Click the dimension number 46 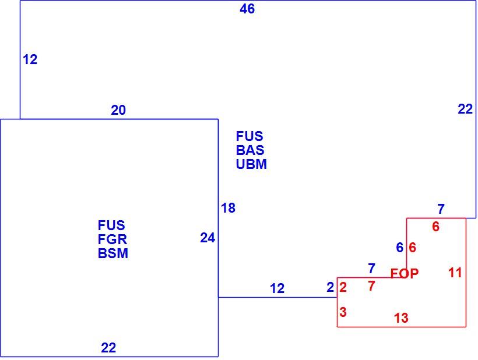(x=247, y=9)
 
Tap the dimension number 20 (x=118, y=110)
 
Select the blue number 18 (x=228, y=208)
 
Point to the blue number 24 (x=208, y=238)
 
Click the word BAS (x=250, y=150)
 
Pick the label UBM (x=251, y=164)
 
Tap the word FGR (x=112, y=239)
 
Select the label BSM (x=113, y=253)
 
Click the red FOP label (x=405, y=274)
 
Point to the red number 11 (x=455, y=273)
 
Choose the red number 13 (x=401, y=318)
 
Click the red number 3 (x=343, y=312)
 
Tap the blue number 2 (x=330, y=287)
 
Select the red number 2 (x=343, y=287)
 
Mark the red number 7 (x=371, y=286)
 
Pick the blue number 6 (x=400, y=248)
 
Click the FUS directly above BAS (x=249, y=136)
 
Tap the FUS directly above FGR (x=111, y=225)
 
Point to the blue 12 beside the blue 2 (x=277, y=288)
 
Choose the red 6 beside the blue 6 (x=413, y=248)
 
